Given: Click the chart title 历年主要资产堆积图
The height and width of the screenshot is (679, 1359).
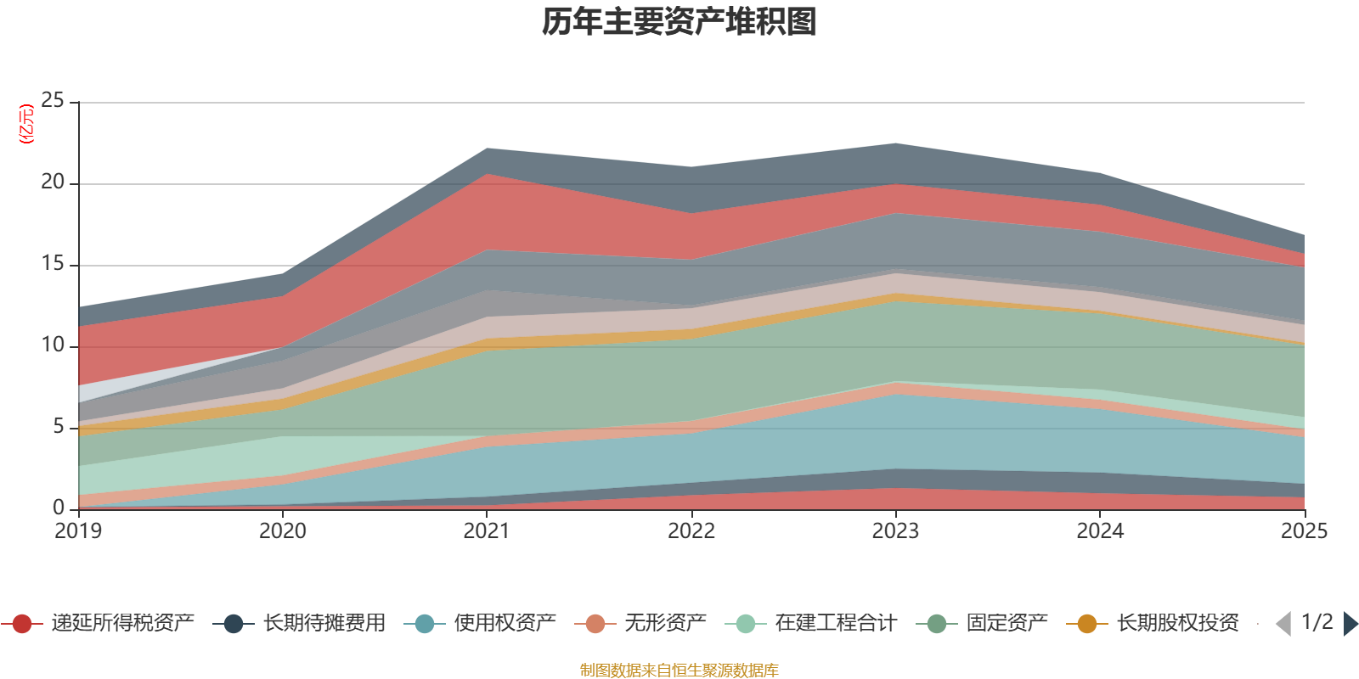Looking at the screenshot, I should point(679,22).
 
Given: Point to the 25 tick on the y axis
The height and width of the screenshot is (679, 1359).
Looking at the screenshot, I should point(53,101).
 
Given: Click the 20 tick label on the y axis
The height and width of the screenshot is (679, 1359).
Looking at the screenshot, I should point(53,182).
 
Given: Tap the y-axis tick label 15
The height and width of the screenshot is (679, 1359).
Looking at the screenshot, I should point(53,264).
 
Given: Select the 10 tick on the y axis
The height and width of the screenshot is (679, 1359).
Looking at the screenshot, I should point(53,345).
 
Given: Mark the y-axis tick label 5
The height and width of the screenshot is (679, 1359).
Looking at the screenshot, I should point(59,427).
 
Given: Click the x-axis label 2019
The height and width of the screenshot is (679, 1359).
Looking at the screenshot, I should point(78,531).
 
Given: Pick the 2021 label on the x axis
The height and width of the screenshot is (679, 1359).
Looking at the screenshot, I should point(487,531).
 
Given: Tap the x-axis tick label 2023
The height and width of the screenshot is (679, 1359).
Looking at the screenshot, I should point(895,531).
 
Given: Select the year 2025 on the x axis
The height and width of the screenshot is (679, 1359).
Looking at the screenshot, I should point(1304,531).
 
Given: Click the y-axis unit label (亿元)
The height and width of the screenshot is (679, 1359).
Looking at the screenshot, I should point(27,124).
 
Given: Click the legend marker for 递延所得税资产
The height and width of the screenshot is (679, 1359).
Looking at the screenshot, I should point(22,624).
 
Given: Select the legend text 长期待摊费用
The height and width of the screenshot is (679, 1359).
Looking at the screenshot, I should point(324,624).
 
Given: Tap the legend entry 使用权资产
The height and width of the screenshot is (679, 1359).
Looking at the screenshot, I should point(505,624).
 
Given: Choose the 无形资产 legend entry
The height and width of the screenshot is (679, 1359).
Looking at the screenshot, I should point(665,624).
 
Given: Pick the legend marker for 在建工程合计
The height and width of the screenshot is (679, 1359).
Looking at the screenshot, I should point(745,624).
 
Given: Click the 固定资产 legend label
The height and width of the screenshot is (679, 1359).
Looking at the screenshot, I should point(1007,624).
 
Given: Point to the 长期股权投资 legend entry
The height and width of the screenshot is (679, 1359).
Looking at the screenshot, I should point(1177,624).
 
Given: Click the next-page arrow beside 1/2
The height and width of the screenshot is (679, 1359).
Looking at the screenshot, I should point(1351,624).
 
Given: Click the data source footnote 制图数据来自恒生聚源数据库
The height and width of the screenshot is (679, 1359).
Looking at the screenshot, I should point(679,671).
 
